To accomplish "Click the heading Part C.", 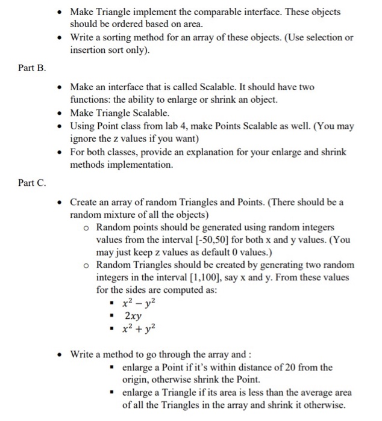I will click(x=32, y=182).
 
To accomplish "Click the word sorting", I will click(x=113, y=38).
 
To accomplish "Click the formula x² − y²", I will click(x=139, y=303).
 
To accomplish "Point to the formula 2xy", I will click(x=133, y=315).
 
